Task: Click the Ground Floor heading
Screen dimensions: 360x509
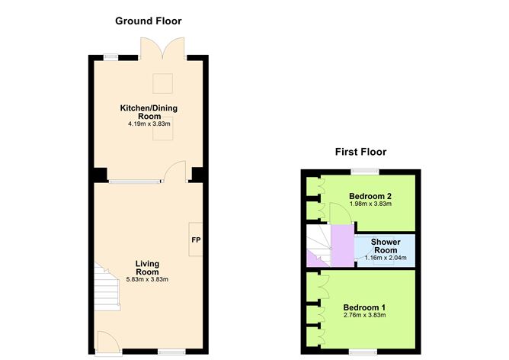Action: click(x=148, y=21)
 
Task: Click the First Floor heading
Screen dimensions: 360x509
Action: click(x=360, y=152)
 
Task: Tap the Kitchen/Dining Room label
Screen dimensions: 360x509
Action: click(x=149, y=112)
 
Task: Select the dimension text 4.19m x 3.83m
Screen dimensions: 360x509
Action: click(x=149, y=123)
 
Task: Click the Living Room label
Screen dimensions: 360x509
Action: click(x=147, y=268)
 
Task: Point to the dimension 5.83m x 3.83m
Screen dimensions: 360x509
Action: click(x=147, y=279)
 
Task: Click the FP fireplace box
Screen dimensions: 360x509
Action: click(x=195, y=240)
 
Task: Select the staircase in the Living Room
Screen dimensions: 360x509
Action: click(x=106, y=285)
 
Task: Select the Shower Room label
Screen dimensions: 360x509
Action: click(x=385, y=246)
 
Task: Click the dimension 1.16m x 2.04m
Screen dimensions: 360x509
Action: click(x=385, y=258)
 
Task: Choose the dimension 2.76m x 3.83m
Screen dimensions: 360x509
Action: click(x=365, y=315)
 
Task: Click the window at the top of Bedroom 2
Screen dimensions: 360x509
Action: click(x=367, y=171)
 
